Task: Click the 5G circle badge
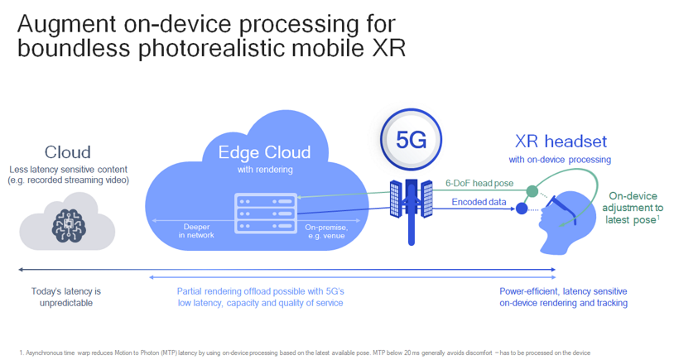[411, 139]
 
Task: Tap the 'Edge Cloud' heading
[264, 152]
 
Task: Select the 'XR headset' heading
[560, 141]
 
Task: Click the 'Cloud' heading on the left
[68, 152]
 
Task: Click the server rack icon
[266, 214]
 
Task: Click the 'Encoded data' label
[479, 202]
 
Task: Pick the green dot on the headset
[532, 191]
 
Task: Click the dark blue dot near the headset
[522, 209]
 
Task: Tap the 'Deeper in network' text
[196, 230]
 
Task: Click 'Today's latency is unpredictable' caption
[66, 297]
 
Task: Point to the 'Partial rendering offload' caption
[260, 297]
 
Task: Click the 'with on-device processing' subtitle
[560, 159]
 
